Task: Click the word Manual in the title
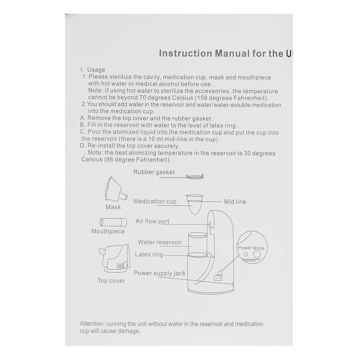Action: (x=232, y=54)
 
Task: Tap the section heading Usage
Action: (x=96, y=70)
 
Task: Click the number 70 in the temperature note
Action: (x=143, y=98)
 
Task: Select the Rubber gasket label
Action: (x=154, y=172)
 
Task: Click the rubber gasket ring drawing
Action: (x=195, y=176)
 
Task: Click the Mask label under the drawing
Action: (x=113, y=207)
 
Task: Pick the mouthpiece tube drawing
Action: (x=113, y=222)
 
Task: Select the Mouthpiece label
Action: (x=108, y=231)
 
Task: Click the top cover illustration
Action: (x=115, y=258)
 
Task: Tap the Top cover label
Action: (x=111, y=280)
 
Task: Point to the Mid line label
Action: (x=235, y=202)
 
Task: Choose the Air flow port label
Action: (x=152, y=221)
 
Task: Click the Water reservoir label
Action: (x=160, y=242)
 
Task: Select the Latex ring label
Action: (x=149, y=254)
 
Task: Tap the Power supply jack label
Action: (x=160, y=273)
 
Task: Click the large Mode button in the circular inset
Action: (x=256, y=254)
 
